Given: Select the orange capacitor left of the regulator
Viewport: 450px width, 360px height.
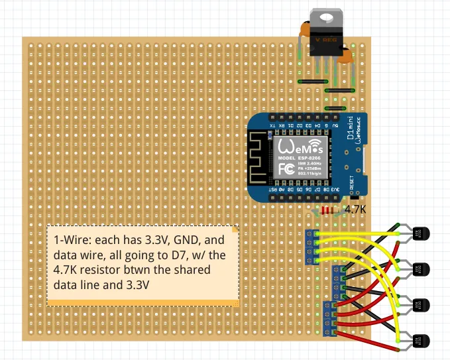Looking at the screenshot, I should [x=304, y=30].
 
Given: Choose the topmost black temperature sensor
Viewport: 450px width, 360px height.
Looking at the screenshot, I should [x=421, y=233].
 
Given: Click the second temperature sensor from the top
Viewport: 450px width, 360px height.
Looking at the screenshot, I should [x=421, y=269].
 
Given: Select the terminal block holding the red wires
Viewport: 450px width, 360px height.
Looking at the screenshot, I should [x=328, y=318].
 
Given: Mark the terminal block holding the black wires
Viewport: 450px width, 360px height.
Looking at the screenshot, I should [x=338, y=282].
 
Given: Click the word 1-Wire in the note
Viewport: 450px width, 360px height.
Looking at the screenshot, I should [x=68, y=239].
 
